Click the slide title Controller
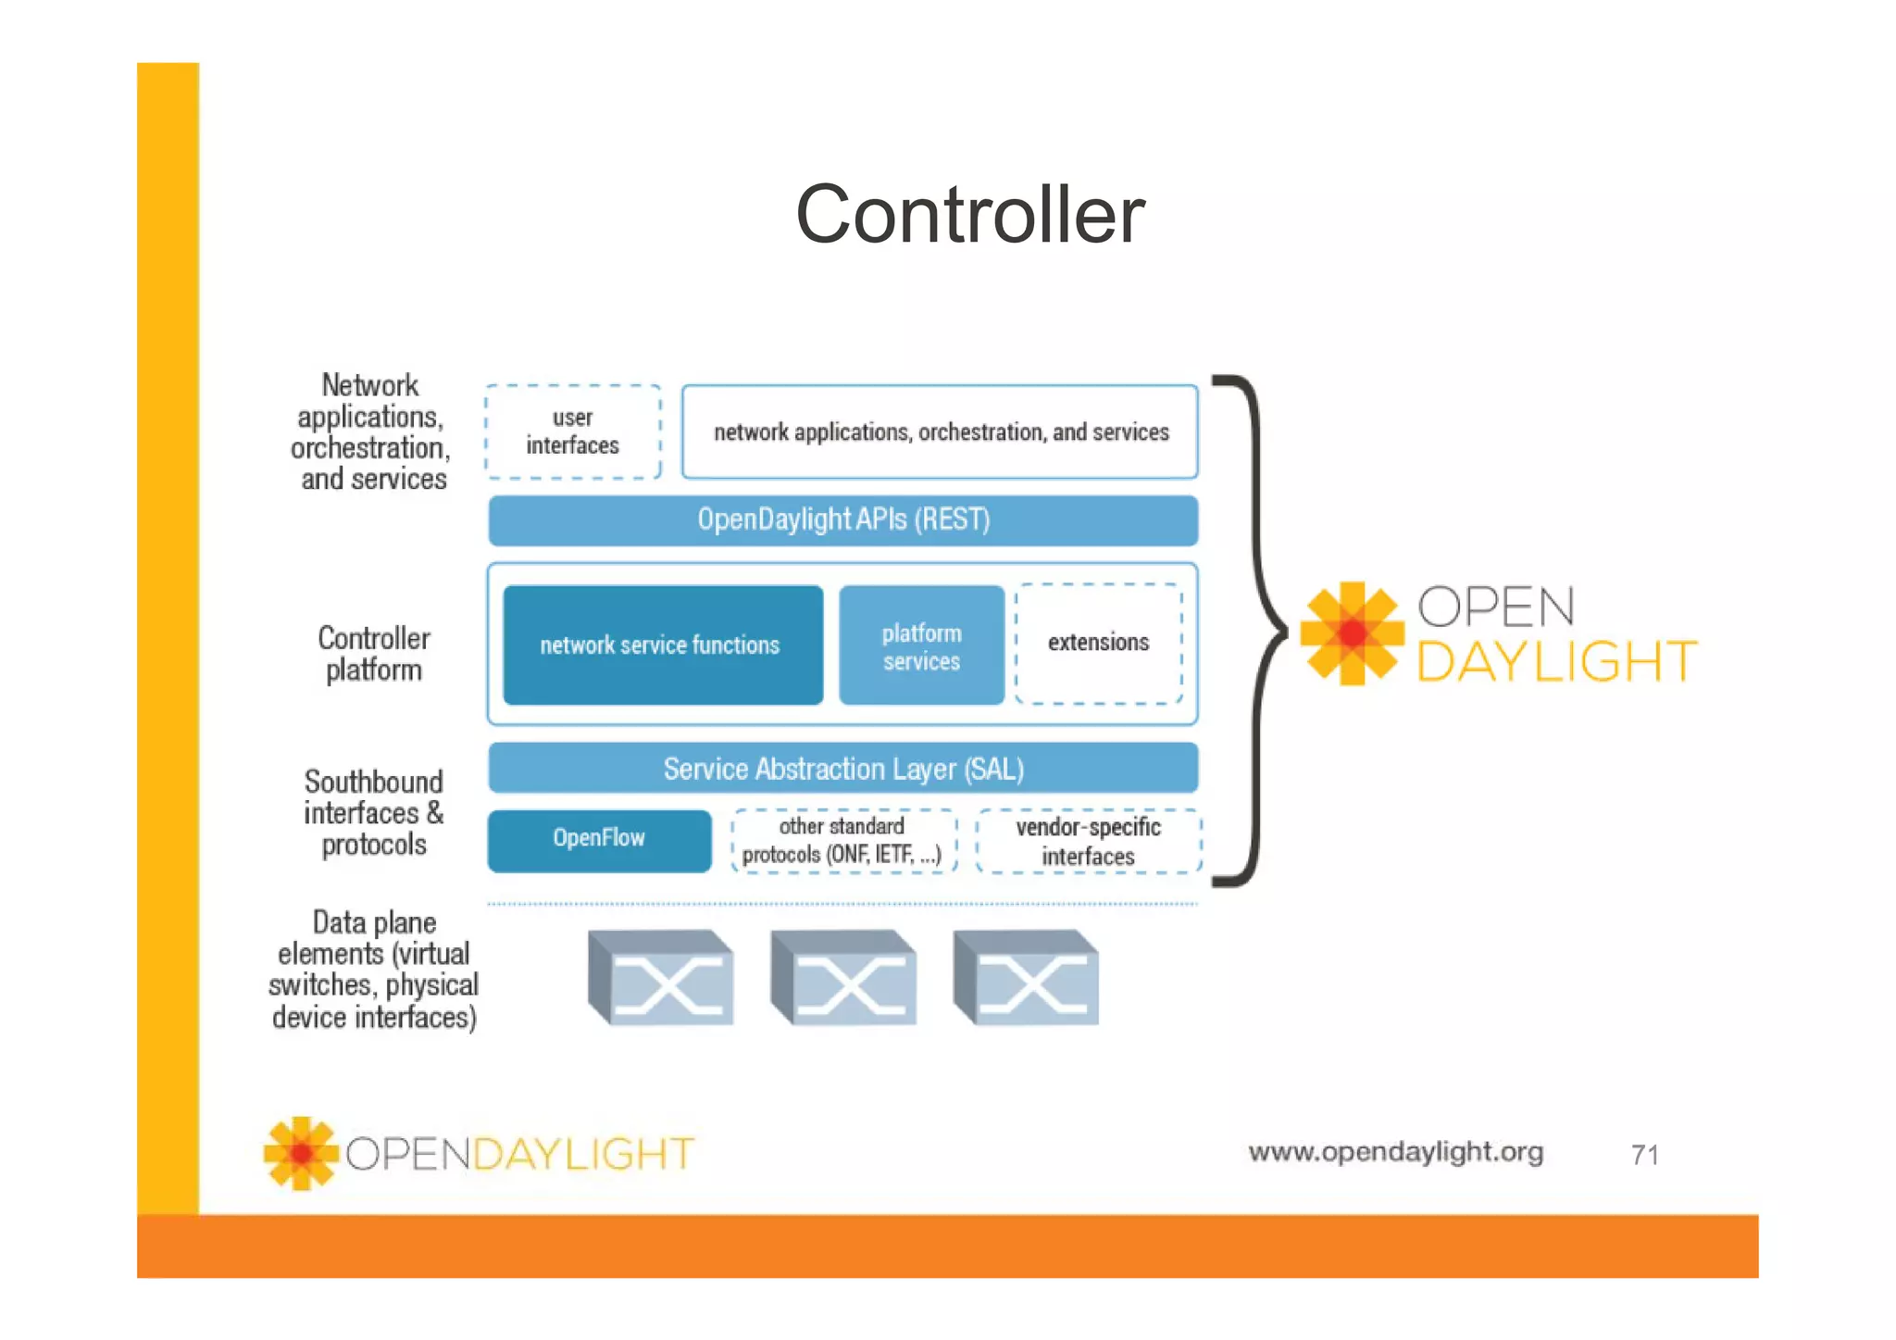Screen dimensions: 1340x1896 969,215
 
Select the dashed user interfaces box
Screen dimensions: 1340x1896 572,432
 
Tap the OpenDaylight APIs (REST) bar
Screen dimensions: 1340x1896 842,520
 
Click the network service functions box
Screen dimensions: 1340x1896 662,645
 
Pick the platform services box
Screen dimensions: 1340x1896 921,645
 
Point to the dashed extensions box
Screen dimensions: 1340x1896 1098,643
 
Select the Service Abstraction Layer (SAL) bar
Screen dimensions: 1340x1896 842,769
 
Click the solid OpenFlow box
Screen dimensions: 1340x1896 599,840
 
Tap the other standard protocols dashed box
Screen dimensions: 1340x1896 842,841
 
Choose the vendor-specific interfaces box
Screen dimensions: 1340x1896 1088,841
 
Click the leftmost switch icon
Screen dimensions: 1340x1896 661,978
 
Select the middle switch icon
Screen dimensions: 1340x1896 843,978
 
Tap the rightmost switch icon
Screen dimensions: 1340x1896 1026,978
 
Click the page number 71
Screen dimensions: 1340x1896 1644,1155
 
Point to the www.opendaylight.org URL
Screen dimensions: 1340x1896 1395,1152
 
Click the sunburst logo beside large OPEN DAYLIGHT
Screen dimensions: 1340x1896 1352,633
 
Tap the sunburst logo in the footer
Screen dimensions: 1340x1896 301,1153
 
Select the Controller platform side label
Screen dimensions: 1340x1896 374,654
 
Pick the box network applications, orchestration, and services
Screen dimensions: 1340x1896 940,432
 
